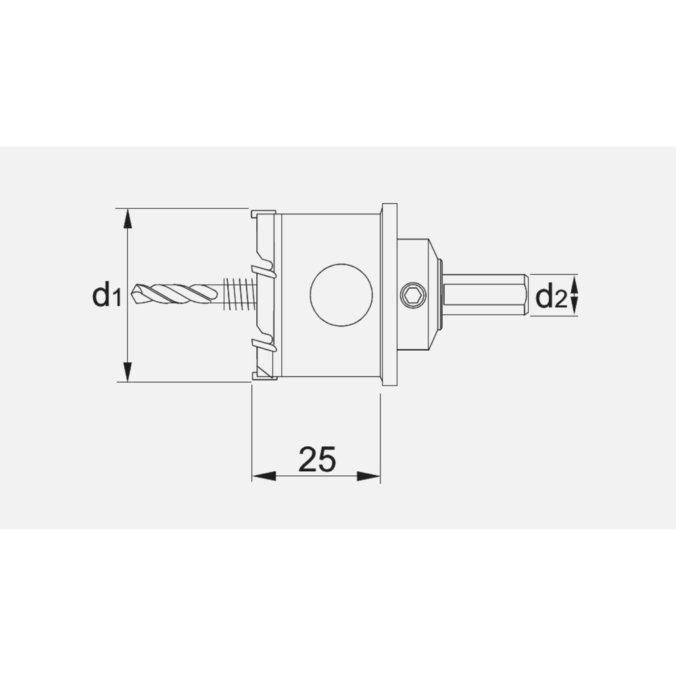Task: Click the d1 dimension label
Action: click(106, 295)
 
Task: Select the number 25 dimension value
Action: click(316, 460)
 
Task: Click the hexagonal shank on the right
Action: click(483, 295)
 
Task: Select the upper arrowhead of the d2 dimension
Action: click(575, 281)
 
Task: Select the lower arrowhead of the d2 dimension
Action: click(575, 309)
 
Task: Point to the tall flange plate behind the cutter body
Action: click(389, 295)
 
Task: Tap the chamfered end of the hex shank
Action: click(525, 295)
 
